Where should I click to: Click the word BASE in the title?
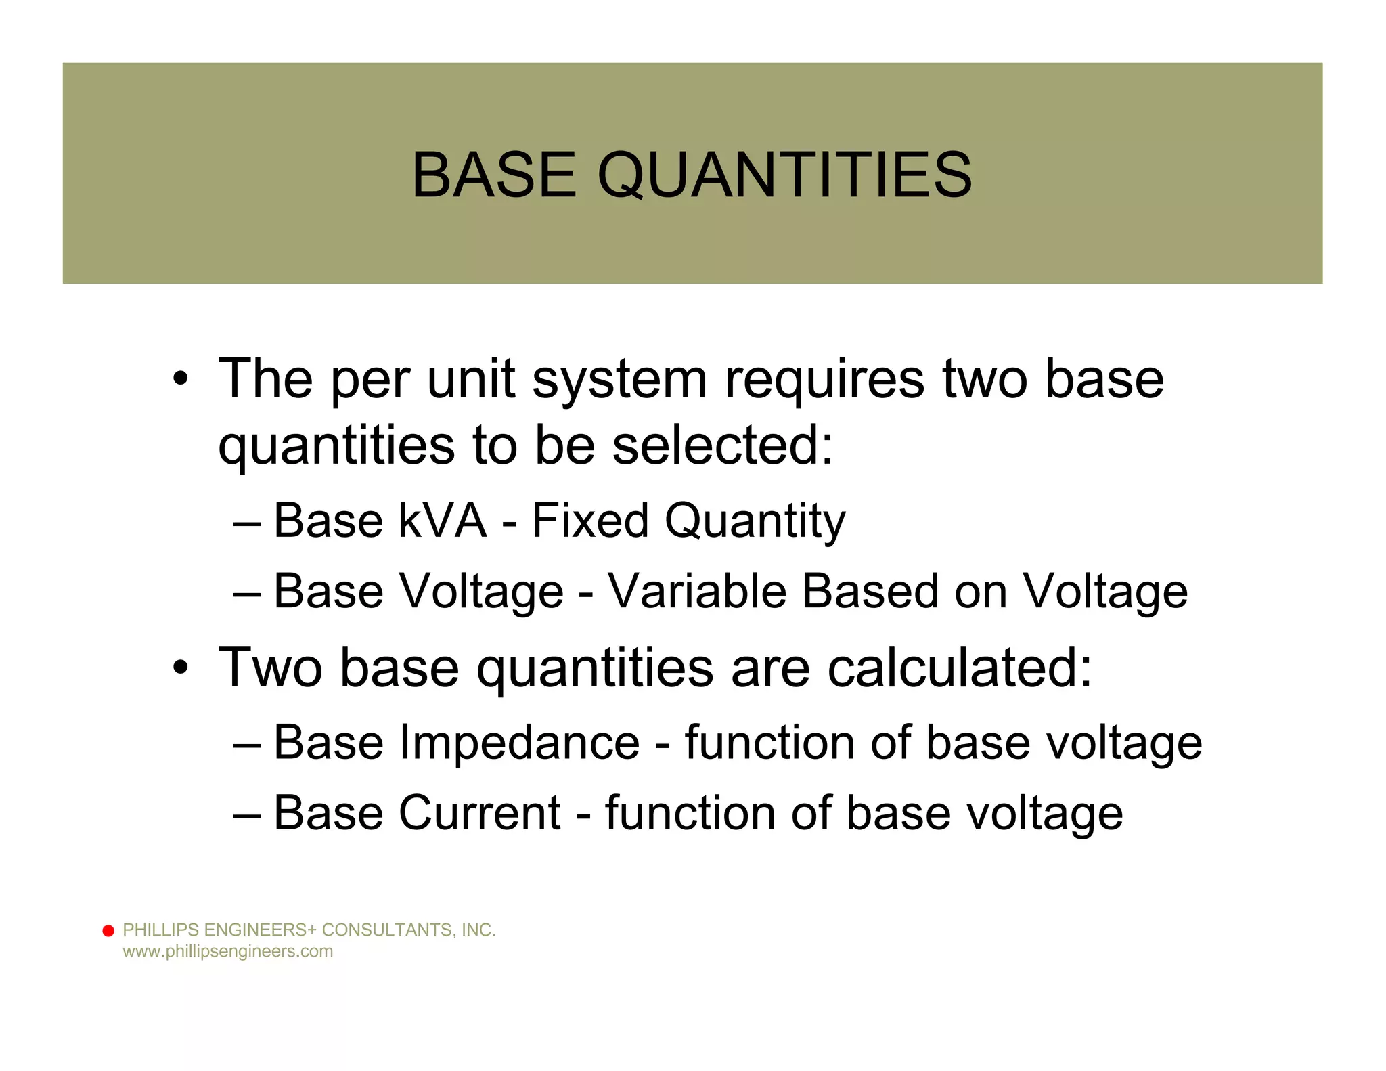pyautogui.click(x=494, y=175)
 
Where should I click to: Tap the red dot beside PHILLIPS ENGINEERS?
pyautogui.click(x=108, y=931)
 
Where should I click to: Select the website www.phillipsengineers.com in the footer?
pyautogui.click(x=227, y=951)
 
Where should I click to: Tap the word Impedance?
pyautogui.click(x=519, y=743)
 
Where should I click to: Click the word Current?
pyautogui.click(x=479, y=813)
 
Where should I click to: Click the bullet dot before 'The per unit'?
pyautogui.click(x=179, y=380)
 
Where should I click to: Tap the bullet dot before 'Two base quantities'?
pyautogui.click(x=179, y=668)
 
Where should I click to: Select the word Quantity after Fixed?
pyautogui.click(x=755, y=521)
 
